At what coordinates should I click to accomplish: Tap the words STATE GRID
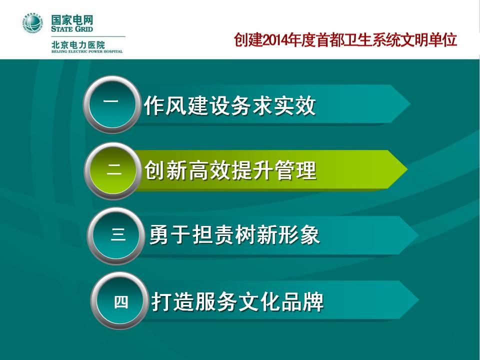click(72, 29)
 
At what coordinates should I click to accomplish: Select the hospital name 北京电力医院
click(78, 45)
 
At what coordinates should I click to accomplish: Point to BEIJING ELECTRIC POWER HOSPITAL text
click(87, 51)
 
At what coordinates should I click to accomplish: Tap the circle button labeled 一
click(111, 104)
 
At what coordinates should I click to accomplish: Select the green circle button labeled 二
click(112, 170)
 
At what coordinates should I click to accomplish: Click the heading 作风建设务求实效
click(230, 105)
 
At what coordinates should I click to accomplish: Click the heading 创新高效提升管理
click(230, 170)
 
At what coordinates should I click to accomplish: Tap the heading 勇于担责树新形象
click(234, 235)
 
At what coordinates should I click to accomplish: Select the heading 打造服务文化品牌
click(237, 302)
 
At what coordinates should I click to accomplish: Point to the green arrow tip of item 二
click(407, 169)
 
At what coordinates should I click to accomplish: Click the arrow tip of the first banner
click(410, 104)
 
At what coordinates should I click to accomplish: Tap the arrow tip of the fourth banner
click(419, 299)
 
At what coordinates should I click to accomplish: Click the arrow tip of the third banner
click(418, 235)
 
